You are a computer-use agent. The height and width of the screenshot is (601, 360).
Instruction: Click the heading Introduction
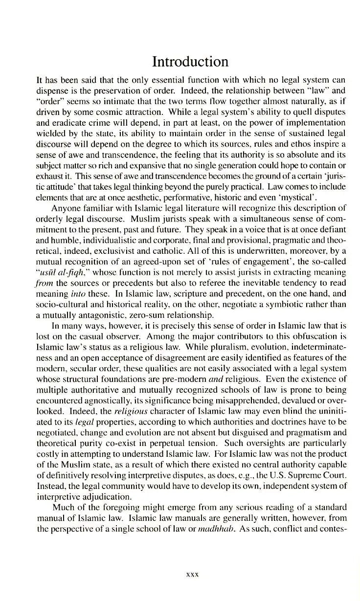tap(190, 62)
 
